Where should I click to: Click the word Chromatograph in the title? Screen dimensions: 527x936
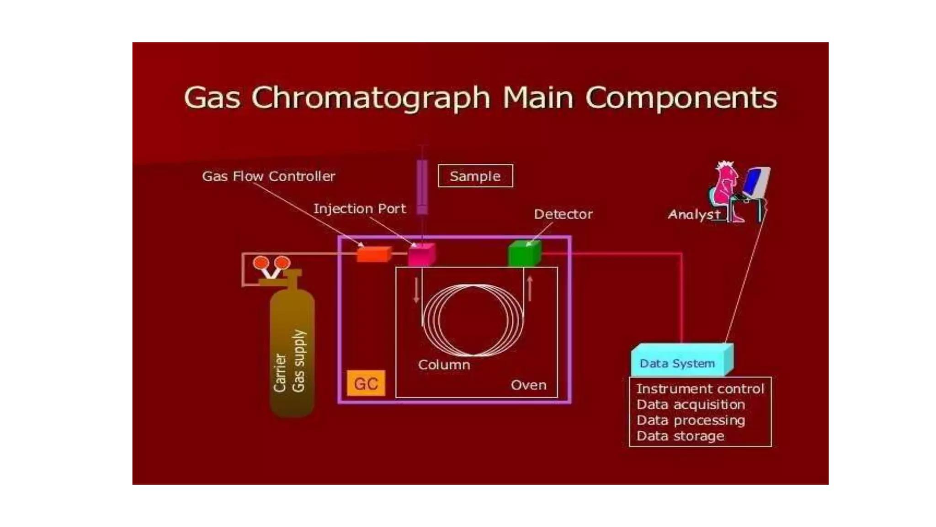tap(371, 98)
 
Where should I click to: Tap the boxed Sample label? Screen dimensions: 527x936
tap(475, 176)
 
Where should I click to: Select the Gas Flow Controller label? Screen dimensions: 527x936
tap(268, 176)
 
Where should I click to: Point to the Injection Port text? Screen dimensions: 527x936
tap(359, 209)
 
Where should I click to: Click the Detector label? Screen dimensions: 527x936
tap(563, 214)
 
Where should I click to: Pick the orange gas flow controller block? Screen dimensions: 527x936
tap(373, 254)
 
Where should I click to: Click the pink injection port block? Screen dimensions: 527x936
tap(421, 255)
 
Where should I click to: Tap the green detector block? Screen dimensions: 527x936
tap(524, 254)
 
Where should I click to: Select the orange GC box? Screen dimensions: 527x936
tap(366, 383)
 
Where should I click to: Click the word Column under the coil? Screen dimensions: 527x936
tap(444, 365)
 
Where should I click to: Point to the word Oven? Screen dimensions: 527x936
tap(528, 385)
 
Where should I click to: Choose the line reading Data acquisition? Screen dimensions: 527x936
tap(690, 404)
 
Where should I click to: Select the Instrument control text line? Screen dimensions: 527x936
tap(700, 389)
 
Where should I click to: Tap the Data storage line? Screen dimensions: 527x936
tap(680, 436)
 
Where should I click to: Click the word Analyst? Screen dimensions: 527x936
tap(694, 214)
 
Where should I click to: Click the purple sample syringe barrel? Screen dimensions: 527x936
tap(422, 185)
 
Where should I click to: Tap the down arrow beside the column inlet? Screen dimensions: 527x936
tap(416, 290)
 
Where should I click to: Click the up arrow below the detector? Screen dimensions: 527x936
tap(530, 288)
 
